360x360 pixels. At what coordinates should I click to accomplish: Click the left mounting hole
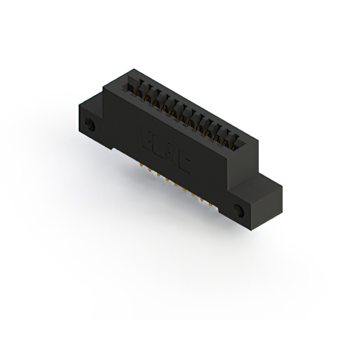pyautogui.click(x=89, y=124)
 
